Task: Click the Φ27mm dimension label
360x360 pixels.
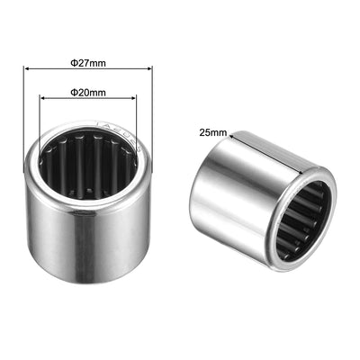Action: pos(88,62)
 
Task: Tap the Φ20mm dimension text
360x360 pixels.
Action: pos(88,92)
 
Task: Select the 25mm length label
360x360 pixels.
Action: pos(213,131)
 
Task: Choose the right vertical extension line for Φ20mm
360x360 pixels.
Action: pos(138,121)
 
